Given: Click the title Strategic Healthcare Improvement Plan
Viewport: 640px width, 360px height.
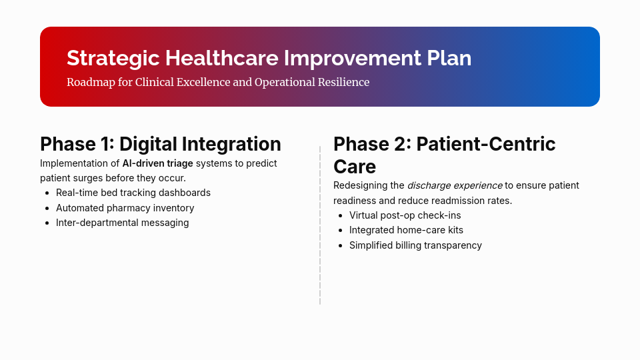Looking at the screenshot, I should click(x=269, y=58).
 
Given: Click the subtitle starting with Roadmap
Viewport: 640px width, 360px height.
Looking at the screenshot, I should click(x=217, y=82).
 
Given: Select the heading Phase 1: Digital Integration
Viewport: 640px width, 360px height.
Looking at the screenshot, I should click(x=160, y=144).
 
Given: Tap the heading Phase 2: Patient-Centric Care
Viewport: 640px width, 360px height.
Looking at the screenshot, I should click(x=444, y=155).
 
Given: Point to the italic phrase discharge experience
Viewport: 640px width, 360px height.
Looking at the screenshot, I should click(x=455, y=185).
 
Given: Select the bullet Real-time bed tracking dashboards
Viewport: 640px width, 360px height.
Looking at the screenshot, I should click(x=133, y=193).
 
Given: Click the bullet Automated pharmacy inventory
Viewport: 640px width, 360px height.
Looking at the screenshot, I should click(x=125, y=208).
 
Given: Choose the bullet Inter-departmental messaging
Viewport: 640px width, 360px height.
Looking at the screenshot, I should click(x=122, y=223).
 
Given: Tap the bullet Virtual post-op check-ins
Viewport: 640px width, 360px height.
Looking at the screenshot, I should click(x=405, y=215).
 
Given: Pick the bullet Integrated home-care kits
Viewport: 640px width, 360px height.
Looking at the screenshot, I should click(x=406, y=230).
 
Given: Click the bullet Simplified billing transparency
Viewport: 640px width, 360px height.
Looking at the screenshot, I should click(x=415, y=245).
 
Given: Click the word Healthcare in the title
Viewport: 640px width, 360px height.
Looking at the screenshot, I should click(x=222, y=58).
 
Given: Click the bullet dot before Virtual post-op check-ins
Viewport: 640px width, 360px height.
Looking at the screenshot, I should click(x=340, y=216).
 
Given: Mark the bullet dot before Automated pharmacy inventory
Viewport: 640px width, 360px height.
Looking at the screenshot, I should click(x=47, y=209).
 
